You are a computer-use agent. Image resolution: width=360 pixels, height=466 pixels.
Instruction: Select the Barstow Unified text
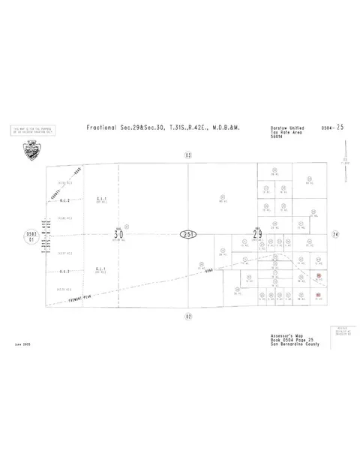[x=284, y=128]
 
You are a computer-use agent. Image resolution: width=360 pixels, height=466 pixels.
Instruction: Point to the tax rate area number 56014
[x=279, y=137]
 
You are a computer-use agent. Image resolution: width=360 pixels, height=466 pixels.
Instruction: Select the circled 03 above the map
[x=187, y=155]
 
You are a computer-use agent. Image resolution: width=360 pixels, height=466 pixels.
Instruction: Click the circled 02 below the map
[x=187, y=316]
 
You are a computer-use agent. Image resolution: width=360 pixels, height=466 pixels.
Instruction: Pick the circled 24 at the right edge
[x=337, y=235]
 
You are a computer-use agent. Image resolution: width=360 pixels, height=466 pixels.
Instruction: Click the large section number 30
[x=118, y=234]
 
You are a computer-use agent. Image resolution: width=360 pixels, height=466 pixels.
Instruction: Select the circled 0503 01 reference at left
[x=30, y=236]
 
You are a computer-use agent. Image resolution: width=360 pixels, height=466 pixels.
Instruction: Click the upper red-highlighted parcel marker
[x=319, y=276]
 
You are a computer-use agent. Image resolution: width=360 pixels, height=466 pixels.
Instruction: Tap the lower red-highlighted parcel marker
[x=319, y=294]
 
